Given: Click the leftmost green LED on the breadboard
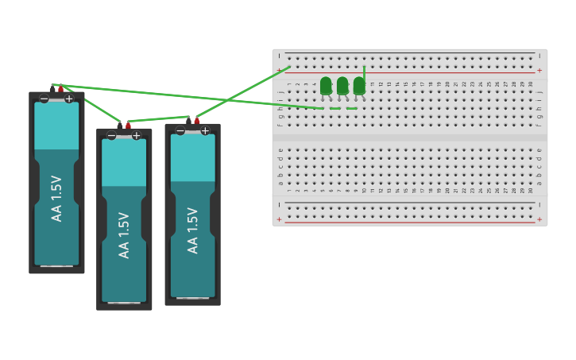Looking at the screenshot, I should tap(326, 85).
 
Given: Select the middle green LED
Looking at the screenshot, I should tap(342, 85).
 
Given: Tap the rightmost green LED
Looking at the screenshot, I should tap(359, 85).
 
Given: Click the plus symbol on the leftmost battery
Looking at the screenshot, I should tap(69, 99).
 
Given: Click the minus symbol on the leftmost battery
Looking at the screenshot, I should tap(44, 99).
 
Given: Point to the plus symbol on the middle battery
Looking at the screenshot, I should tap(137, 135).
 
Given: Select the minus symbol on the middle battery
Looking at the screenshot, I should tap(111, 135).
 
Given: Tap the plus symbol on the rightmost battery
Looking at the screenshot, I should tap(205, 130).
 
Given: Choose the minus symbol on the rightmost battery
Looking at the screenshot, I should tap(180, 130).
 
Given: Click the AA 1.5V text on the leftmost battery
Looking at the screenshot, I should tap(56, 199).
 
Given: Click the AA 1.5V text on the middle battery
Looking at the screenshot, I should tap(124, 234).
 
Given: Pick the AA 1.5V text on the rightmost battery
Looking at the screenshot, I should tap(192, 230).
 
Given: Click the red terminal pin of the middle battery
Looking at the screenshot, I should tap(128, 126).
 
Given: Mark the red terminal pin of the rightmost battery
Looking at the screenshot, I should tap(197, 121).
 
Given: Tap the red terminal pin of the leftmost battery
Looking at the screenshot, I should tap(60, 89).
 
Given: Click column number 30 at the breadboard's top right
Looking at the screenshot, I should tap(532, 83).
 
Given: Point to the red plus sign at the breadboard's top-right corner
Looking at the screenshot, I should tap(539, 71).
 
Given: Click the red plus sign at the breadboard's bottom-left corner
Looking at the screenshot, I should tap(279, 219).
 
